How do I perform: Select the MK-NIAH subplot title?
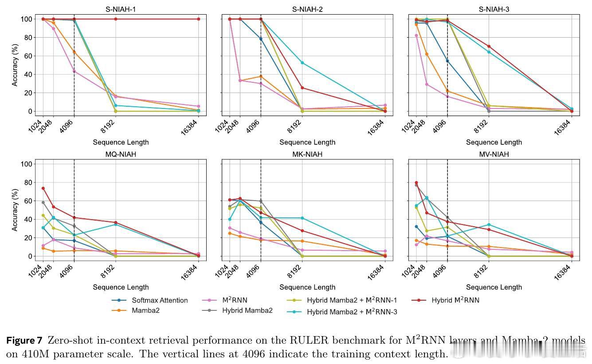307,154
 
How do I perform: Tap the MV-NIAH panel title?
494,154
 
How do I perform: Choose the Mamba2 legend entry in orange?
145,310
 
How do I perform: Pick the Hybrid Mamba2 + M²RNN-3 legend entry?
352,312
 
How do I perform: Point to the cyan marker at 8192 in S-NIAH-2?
302,63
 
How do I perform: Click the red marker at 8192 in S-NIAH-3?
489,46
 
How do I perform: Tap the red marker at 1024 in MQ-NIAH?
43,188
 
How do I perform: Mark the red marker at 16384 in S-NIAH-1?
198,19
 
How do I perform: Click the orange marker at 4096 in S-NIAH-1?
74,52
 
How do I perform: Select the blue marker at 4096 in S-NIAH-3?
447,61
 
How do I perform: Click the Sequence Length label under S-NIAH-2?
307,142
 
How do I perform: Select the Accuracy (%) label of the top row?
15,65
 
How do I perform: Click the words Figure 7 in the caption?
24,341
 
